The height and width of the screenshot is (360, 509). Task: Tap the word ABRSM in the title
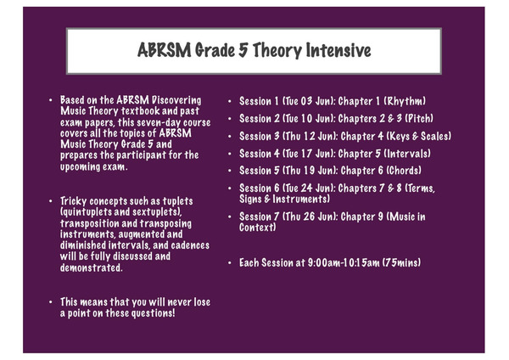(165, 51)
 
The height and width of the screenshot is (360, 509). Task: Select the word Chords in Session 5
(404, 171)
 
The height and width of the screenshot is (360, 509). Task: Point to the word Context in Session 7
(256, 228)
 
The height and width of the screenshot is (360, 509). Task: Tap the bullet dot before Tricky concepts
(51, 201)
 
